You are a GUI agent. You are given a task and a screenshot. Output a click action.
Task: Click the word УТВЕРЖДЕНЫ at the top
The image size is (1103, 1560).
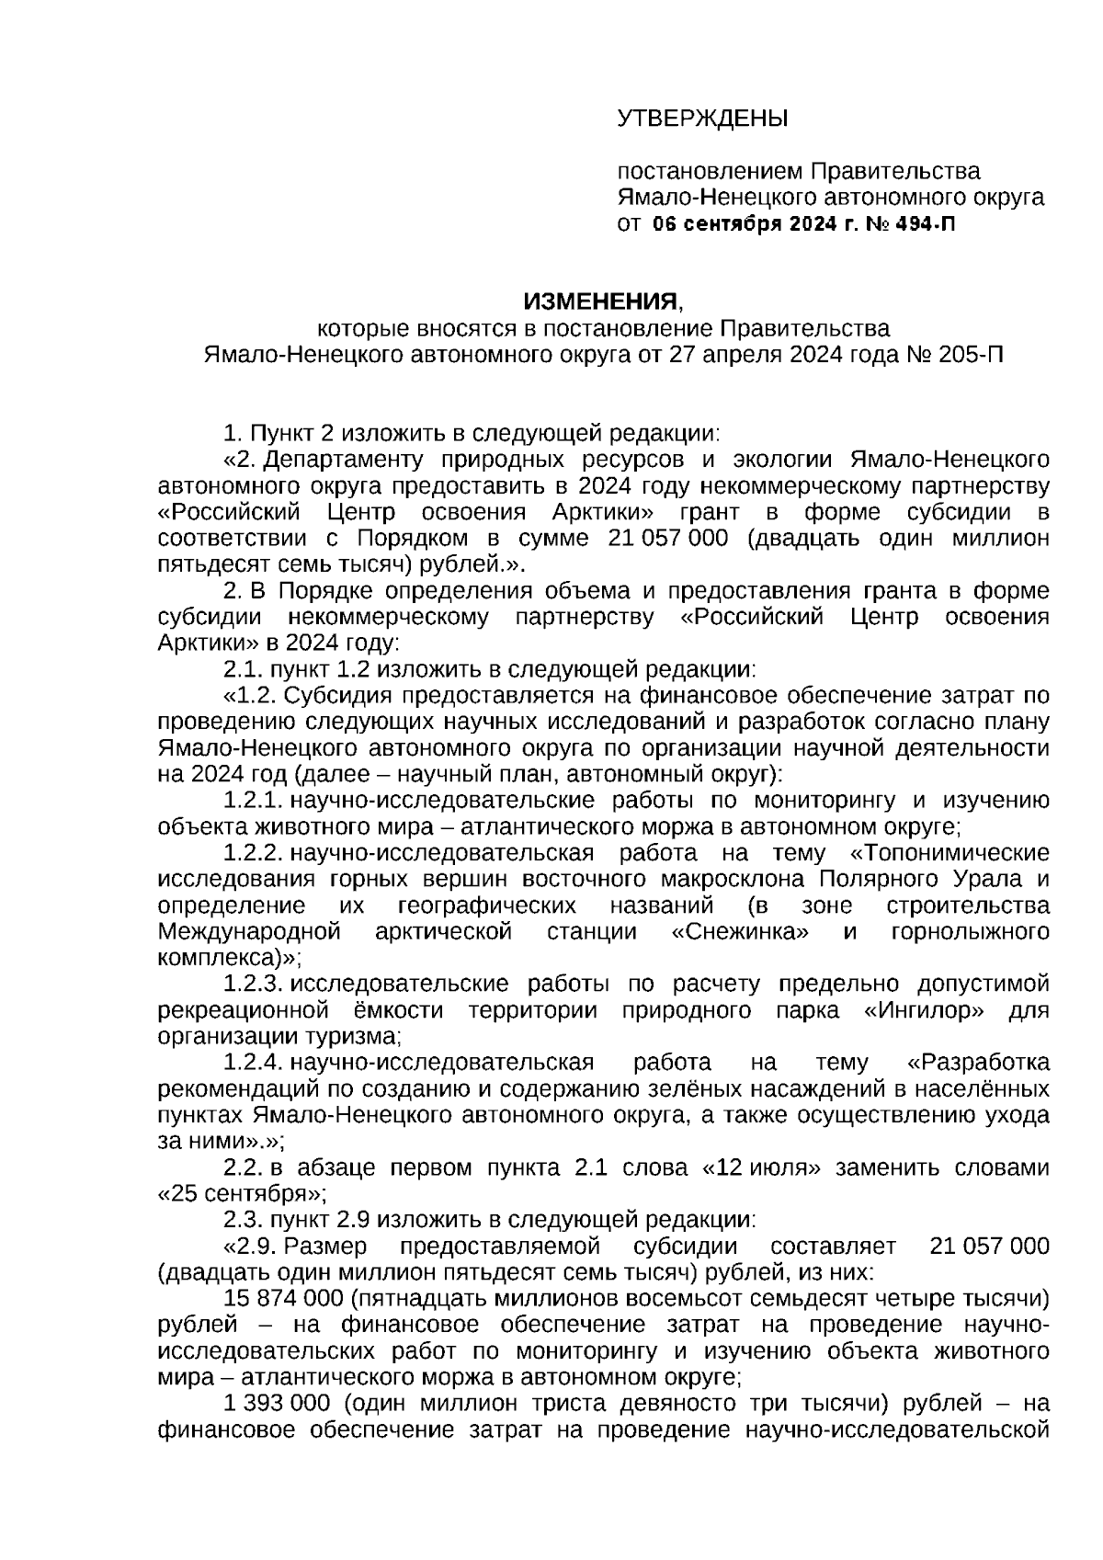pos(702,119)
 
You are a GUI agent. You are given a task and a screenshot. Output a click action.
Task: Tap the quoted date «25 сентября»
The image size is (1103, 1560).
pos(239,1194)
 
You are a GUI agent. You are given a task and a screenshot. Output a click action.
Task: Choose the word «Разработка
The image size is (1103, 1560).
pos(978,1064)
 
